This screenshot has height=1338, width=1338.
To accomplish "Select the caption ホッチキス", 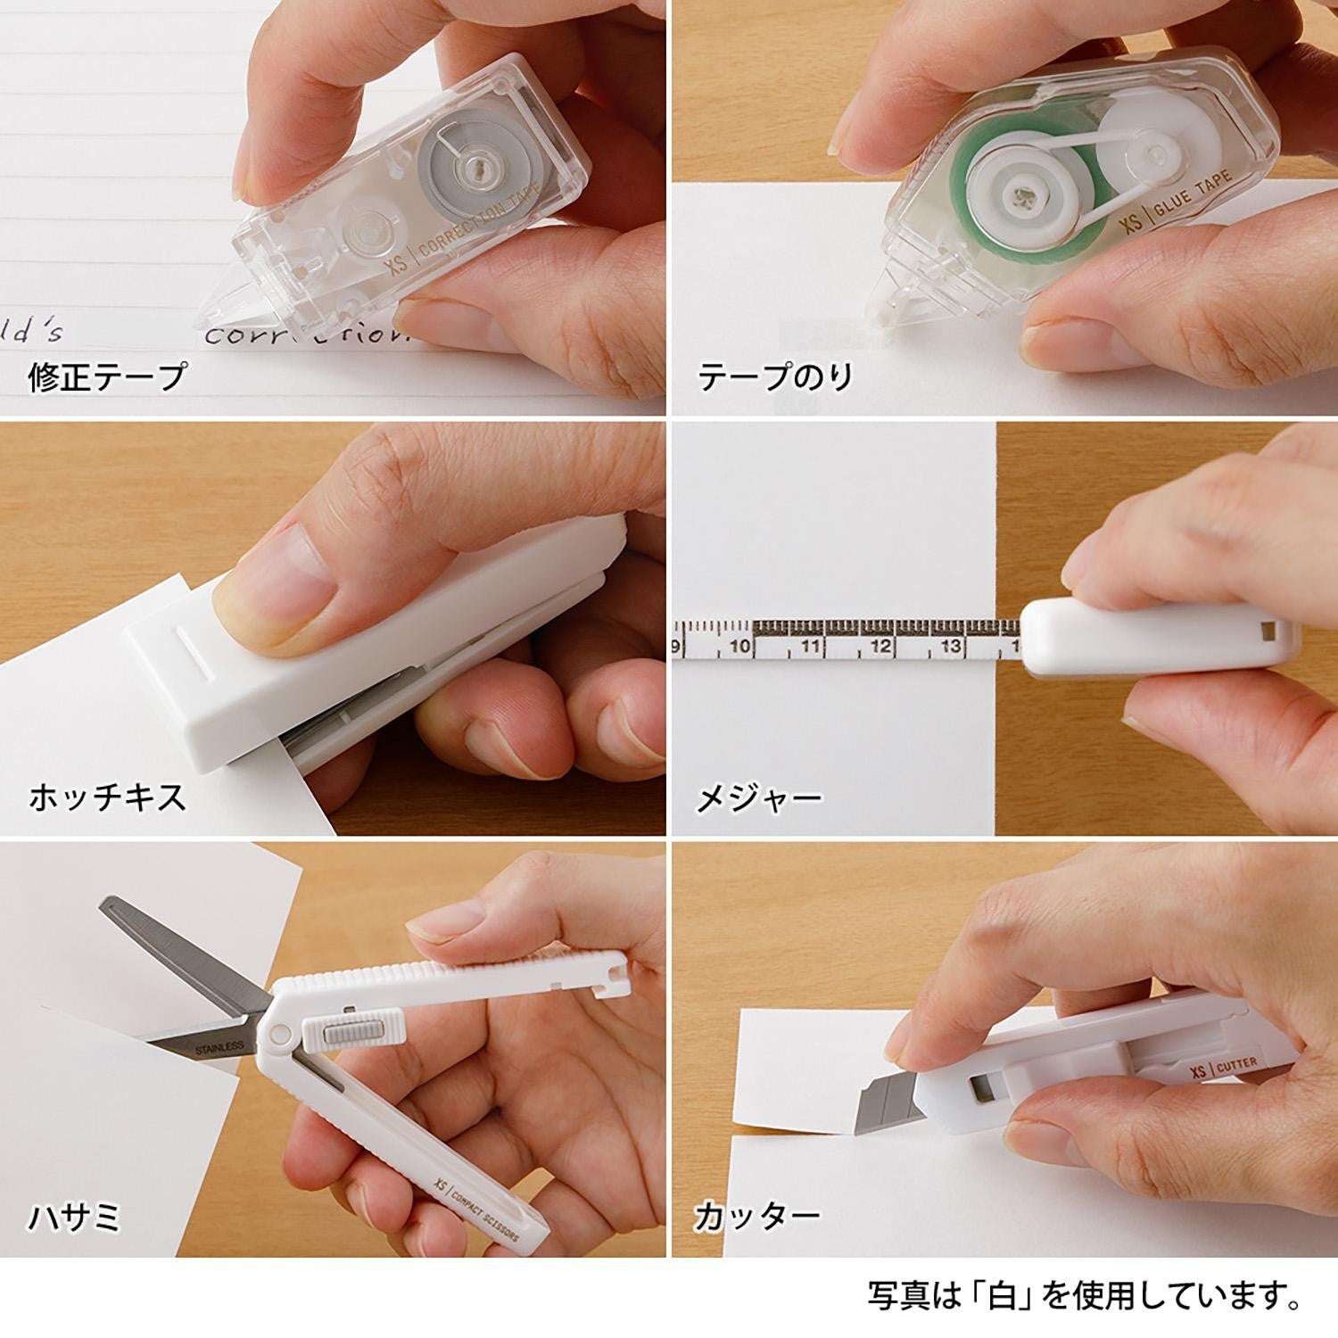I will pyautogui.click(x=107, y=796).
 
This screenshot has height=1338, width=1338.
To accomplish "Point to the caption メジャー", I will pyautogui.click(x=758, y=797).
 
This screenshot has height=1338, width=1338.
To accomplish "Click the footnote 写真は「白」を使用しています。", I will pyautogui.click(x=1083, y=1295).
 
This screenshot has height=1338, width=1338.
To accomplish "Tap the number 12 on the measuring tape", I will pyautogui.click(x=880, y=646).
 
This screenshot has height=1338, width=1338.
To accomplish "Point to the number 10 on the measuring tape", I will pyautogui.click(x=739, y=646).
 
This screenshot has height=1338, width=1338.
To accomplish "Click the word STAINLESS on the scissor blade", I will pyautogui.click(x=219, y=1050).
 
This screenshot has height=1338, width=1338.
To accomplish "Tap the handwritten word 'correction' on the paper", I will pyautogui.click(x=303, y=334).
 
